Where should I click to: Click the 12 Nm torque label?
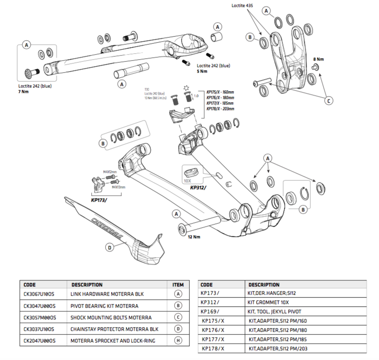pyautogui.click(x=194, y=237)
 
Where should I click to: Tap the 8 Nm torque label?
pyautogui.click(x=319, y=59)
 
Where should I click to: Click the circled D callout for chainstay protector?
pyautogui.click(x=110, y=248)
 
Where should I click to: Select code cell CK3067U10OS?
pyautogui.click(x=39, y=293)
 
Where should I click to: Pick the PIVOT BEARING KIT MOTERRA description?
pyautogui.click(x=104, y=305)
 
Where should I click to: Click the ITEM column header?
pyautogui.click(x=178, y=285)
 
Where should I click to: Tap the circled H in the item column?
pyautogui.click(x=178, y=341)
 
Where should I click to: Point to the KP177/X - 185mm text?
pyautogui.click(x=220, y=103)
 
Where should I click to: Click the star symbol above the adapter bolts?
pyautogui.click(x=187, y=87)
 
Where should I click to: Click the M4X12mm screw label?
pyautogui.click(x=109, y=171)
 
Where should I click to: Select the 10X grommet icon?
pyautogui.click(x=193, y=171)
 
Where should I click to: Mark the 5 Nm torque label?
pyautogui.click(x=202, y=71)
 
